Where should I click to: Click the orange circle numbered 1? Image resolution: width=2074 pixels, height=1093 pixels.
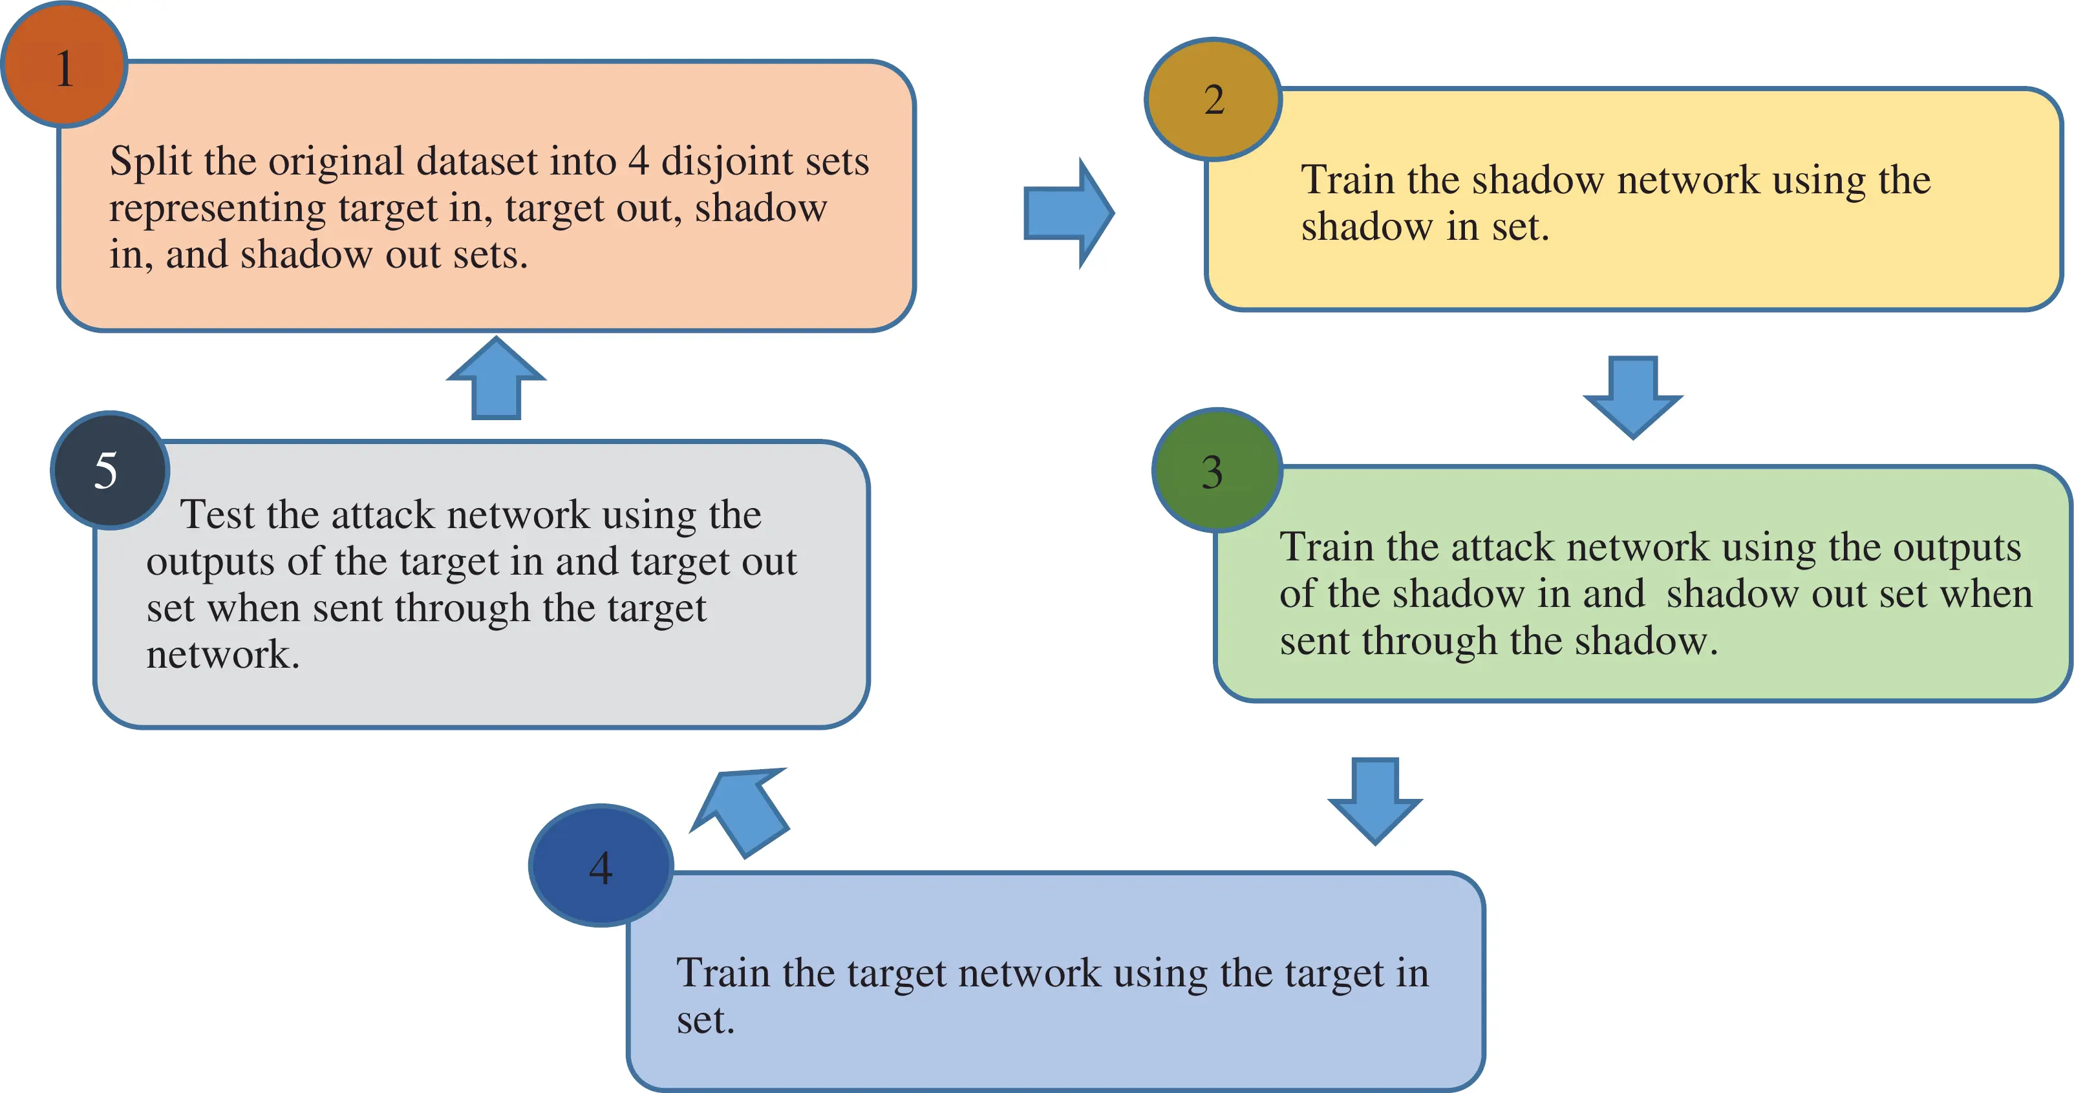(x=65, y=65)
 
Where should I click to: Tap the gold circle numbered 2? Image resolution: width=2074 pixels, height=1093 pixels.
(x=1213, y=99)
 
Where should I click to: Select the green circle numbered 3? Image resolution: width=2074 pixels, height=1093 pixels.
(x=1217, y=471)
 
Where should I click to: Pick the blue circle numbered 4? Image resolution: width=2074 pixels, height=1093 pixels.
(x=601, y=866)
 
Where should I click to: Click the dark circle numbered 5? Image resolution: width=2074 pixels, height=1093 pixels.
(x=109, y=471)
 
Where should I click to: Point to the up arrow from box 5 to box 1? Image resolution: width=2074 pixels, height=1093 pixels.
(x=496, y=378)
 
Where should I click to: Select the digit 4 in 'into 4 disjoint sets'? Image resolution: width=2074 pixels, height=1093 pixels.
(x=637, y=161)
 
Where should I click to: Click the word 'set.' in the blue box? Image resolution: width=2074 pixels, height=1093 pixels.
(x=705, y=1021)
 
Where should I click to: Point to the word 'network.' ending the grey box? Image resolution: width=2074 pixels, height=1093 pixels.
(x=222, y=654)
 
